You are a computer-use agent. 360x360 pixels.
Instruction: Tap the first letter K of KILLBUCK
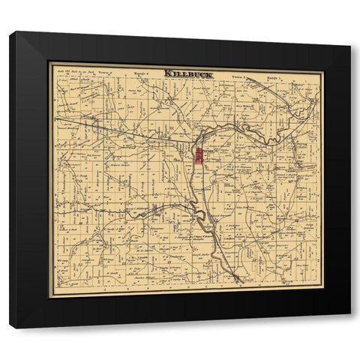[166, 73]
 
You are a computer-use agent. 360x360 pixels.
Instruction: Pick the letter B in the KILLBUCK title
[190, 73]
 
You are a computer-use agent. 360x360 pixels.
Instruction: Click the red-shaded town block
[199, 156]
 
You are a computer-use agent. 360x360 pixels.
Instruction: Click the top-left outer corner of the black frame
[10, 31]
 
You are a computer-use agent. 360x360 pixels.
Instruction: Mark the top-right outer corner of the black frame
[351, 46]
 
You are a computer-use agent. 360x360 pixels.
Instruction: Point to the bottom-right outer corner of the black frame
[351, 313]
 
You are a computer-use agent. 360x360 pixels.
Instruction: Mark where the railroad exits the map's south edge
[238, 283]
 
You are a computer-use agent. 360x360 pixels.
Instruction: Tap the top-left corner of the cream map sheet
[49, 63]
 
